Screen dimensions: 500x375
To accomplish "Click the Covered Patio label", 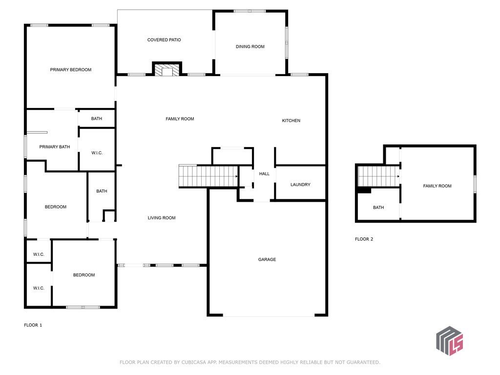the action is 164,40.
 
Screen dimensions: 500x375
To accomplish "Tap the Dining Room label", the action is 250,46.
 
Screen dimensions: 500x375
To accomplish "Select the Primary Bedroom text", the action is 70,69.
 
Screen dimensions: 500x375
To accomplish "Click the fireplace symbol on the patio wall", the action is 167,69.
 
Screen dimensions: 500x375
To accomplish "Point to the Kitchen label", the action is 291,121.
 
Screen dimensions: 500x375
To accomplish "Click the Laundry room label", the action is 300,185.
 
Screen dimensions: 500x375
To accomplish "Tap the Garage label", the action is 267,260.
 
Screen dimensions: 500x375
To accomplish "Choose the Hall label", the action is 264,174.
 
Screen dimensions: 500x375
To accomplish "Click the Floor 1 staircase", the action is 208,176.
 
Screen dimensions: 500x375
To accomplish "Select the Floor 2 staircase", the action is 379,176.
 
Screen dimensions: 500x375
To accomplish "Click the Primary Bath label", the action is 55,146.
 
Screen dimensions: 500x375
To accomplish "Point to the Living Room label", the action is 161,218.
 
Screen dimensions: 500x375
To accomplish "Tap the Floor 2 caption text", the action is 364,239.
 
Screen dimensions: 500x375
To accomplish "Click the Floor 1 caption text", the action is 33,325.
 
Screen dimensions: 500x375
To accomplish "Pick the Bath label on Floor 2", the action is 378,207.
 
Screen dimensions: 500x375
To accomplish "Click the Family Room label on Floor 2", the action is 437,186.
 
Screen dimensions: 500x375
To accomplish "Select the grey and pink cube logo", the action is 450,341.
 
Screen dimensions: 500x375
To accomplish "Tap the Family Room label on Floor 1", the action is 180,119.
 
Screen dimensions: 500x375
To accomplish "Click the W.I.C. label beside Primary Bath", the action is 97,153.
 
